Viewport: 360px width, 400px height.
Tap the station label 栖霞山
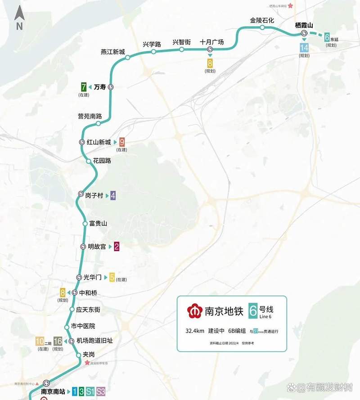(x=303, y=25)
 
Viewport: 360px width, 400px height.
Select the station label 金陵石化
(x=262, y=21)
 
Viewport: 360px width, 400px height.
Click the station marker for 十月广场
(x=210, y=49)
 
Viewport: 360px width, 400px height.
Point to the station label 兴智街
(x=182, y=42)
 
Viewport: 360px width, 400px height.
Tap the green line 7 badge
(x=84, y=87)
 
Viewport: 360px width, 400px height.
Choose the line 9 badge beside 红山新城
(x=122, y=142)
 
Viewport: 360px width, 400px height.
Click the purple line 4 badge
(x=113, y=195)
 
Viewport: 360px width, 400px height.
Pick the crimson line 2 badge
(x=117, y=246)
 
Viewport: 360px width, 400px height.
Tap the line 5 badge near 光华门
(x=112, y=277)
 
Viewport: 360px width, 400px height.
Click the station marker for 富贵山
(x=85, y=224)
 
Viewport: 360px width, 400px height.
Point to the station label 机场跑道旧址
(x=94, y=341)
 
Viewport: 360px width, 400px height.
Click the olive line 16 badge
(x=58, y=341)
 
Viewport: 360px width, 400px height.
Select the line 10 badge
(x=40, y=341)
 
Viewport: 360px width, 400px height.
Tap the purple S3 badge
(x=101, y=391)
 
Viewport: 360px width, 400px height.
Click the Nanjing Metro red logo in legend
(x=195, y=311)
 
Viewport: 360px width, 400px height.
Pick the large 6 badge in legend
(x=253, y=310)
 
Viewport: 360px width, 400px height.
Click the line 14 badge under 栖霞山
(x=304, y=47)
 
